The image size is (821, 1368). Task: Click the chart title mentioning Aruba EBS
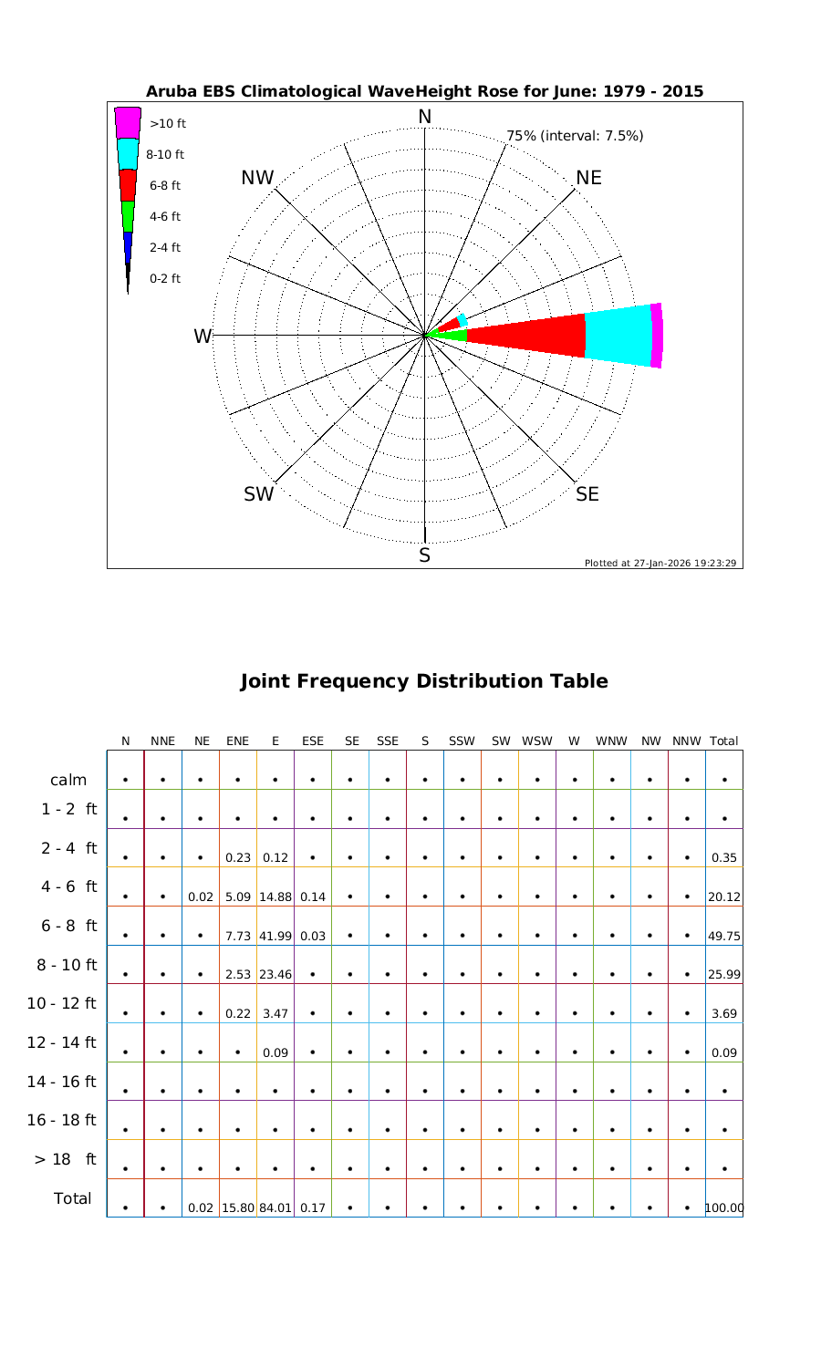424,91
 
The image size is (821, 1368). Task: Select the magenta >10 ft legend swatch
128,122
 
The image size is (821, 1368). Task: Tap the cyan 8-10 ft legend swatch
128,153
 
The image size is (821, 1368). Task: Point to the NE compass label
589,178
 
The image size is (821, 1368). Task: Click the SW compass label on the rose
258,494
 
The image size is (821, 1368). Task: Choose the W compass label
202,337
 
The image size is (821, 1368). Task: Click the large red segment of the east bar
529,335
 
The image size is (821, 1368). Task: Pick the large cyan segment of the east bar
618,335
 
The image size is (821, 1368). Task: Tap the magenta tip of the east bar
657,335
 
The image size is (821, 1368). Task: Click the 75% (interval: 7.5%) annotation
575,136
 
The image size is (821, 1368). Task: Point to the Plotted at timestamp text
660,563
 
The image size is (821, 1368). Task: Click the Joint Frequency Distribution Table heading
423,681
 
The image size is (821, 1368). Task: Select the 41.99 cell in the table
275,936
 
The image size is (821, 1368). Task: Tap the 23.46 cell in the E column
275,975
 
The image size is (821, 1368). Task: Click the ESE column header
312,741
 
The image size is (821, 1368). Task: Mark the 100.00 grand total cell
724,1208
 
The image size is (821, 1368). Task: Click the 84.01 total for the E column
275,1208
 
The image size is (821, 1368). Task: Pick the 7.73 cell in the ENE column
237,936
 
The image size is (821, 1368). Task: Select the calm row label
69,780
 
